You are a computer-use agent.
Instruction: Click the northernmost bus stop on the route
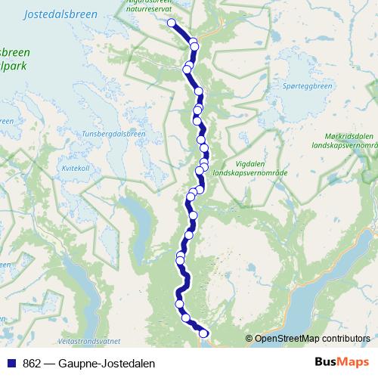pos(172,23)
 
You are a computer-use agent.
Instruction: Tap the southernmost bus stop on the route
pos(203,333)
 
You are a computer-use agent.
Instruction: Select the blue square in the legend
pos(11,364)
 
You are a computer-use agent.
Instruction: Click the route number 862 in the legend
pos(32,364)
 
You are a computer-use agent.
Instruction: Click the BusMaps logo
pos(341,363)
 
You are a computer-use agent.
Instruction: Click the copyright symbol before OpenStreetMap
pos(249,338)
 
